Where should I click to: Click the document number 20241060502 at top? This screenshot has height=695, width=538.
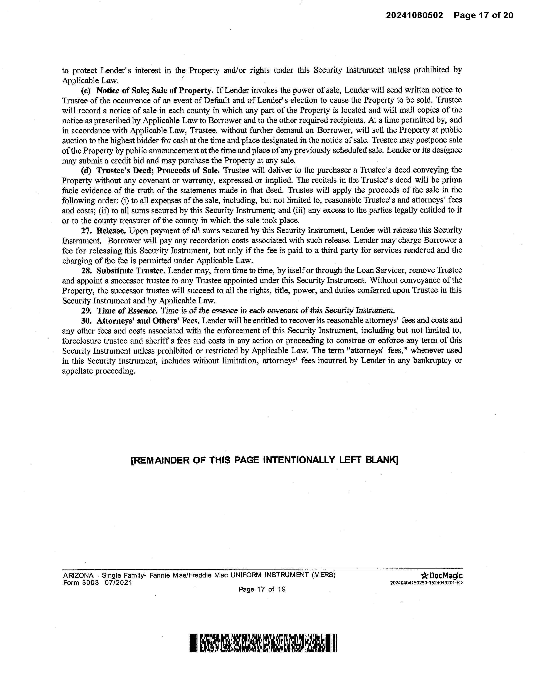pyautogui.click(x=414, y=15)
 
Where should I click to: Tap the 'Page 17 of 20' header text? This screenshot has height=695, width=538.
pyautogui.click(x=484, y=15)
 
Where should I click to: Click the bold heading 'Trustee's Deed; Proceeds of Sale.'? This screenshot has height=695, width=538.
pyautogui.click(x=158, y=170)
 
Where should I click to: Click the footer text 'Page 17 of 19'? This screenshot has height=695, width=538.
pyautogui.click(x=262, y=589)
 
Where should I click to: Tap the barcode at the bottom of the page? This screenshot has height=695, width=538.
pyautogui.click(x=263, y=643)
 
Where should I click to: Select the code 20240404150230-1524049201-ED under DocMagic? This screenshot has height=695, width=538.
pyautogui.click(x=426, y=583)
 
